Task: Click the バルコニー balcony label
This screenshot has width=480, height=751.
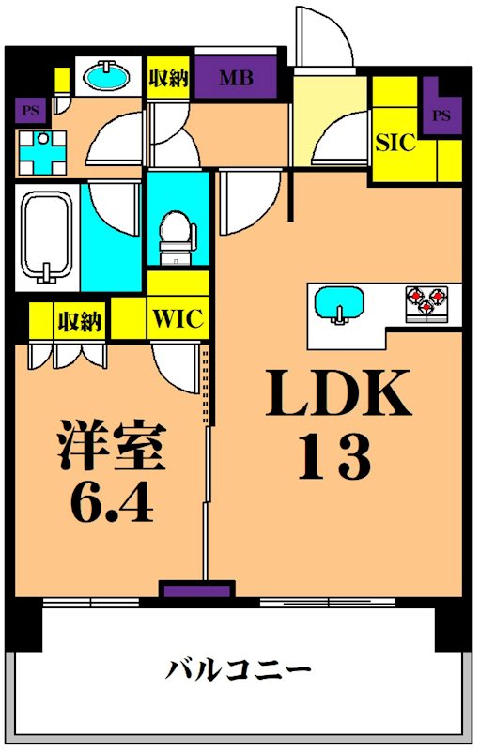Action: pos(239,670)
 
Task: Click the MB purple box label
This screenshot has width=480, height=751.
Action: pos(236,79)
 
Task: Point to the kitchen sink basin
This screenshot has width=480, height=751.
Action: pos(336,304)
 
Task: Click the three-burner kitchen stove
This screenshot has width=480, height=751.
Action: pos(426,301)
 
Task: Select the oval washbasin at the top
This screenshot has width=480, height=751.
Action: pos(108,75)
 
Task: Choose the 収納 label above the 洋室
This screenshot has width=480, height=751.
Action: pos(79,322)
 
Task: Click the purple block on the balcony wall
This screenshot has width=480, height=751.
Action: pos(195,590)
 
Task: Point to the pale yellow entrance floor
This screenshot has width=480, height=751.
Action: pos(329,117)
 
